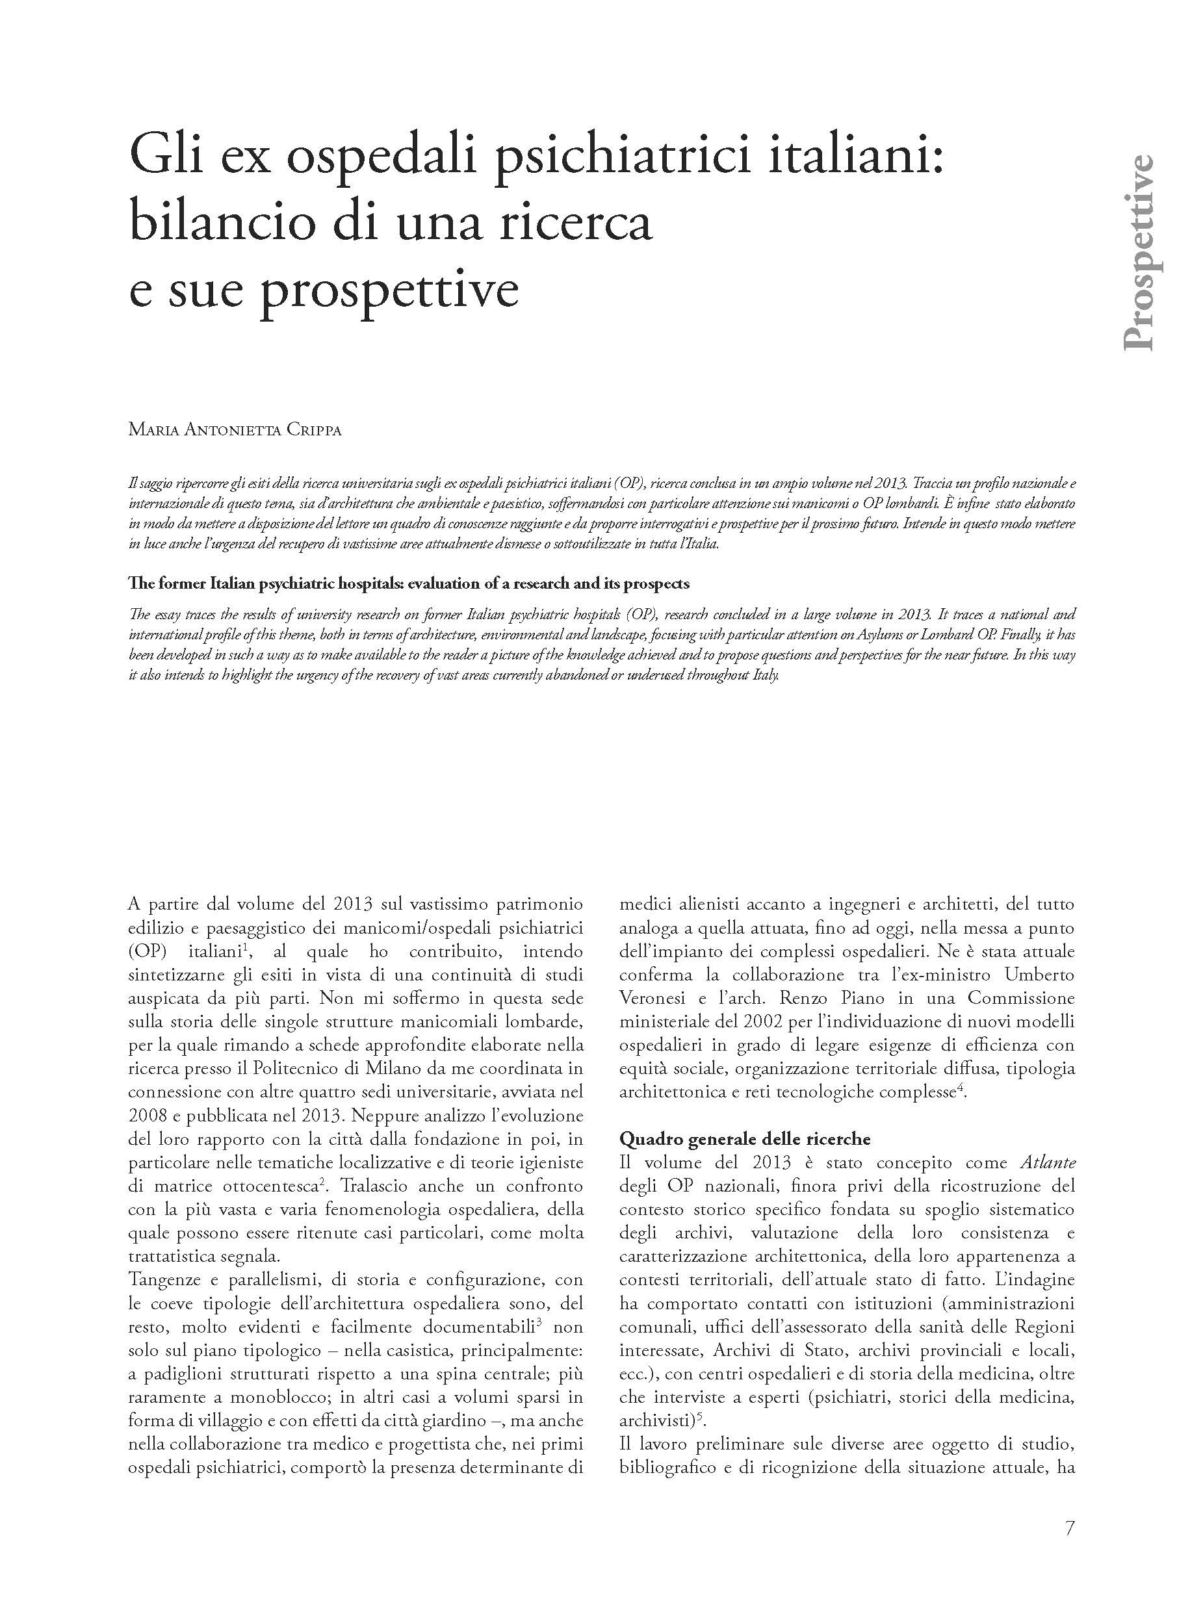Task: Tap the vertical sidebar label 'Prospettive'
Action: [1138, 253]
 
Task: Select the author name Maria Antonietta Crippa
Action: [235, 429]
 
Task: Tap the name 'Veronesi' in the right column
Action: [652, 997]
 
